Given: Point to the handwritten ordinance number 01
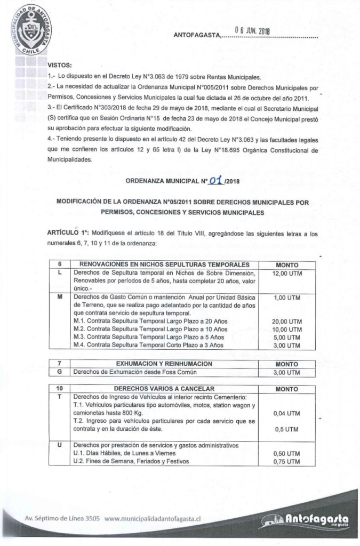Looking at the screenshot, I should point(215,181).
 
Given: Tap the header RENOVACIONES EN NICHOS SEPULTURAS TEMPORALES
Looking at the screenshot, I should point(164,264).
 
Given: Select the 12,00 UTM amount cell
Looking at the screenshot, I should point(287,274).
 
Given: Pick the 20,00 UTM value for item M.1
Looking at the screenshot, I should point(287,322).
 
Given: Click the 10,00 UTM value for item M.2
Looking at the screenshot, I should point(287,330).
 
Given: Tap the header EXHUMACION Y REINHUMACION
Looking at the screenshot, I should point(164,364).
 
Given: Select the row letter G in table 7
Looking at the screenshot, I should point(60,372).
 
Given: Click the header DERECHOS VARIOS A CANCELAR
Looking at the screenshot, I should point(164,389).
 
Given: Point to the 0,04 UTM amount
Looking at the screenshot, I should point(287,413).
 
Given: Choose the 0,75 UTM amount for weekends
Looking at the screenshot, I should point(287,462).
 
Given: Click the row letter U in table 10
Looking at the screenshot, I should point(60,445).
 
